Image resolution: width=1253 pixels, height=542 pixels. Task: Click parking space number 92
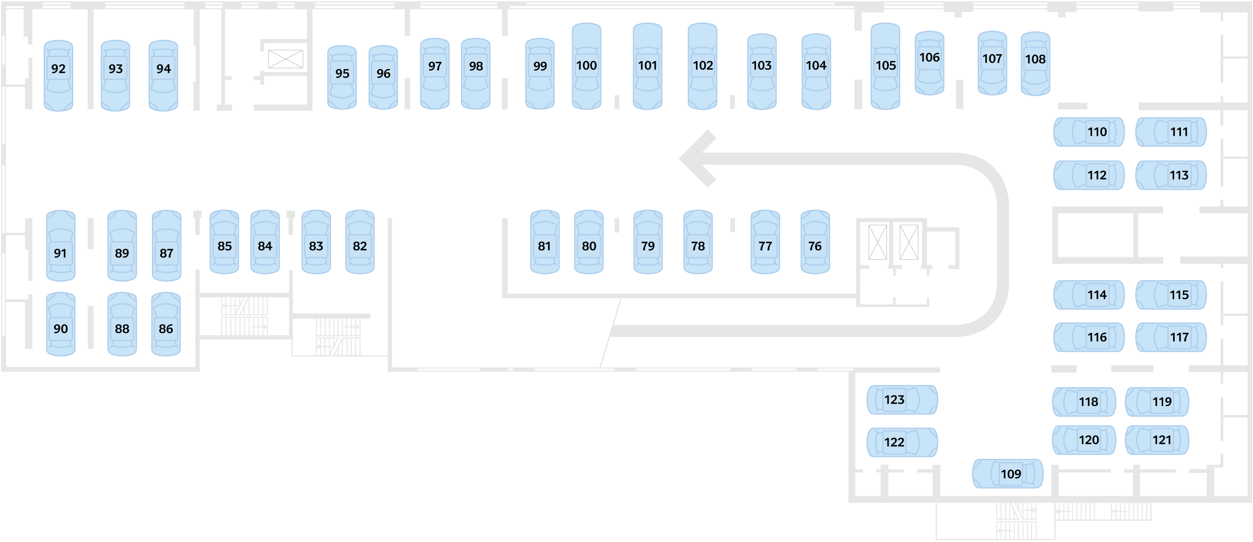58,75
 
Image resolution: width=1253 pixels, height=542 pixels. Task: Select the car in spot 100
586,66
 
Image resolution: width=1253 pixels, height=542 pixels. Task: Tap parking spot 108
1035,64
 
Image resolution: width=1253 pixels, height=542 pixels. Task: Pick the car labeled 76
815,242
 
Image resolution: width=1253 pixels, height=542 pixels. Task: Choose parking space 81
545,242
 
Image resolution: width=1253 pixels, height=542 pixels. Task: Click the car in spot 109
1008,474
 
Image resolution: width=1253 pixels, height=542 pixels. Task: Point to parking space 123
902,400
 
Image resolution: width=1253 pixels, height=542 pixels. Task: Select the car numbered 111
1171,132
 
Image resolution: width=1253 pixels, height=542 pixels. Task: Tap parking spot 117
1171,337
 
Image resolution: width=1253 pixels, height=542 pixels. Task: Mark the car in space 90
61,324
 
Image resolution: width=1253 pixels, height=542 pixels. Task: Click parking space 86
166,324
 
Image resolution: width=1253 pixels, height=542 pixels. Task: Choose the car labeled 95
342,77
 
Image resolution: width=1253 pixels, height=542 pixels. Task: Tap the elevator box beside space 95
286,59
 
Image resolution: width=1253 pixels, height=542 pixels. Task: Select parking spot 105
885,66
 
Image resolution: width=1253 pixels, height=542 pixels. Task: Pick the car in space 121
1157,440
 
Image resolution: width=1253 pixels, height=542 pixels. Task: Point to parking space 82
360,242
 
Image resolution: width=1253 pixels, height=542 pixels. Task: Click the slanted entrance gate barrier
609,332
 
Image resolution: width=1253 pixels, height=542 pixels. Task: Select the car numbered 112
1089,175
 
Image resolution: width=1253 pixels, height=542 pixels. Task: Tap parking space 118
1084,402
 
